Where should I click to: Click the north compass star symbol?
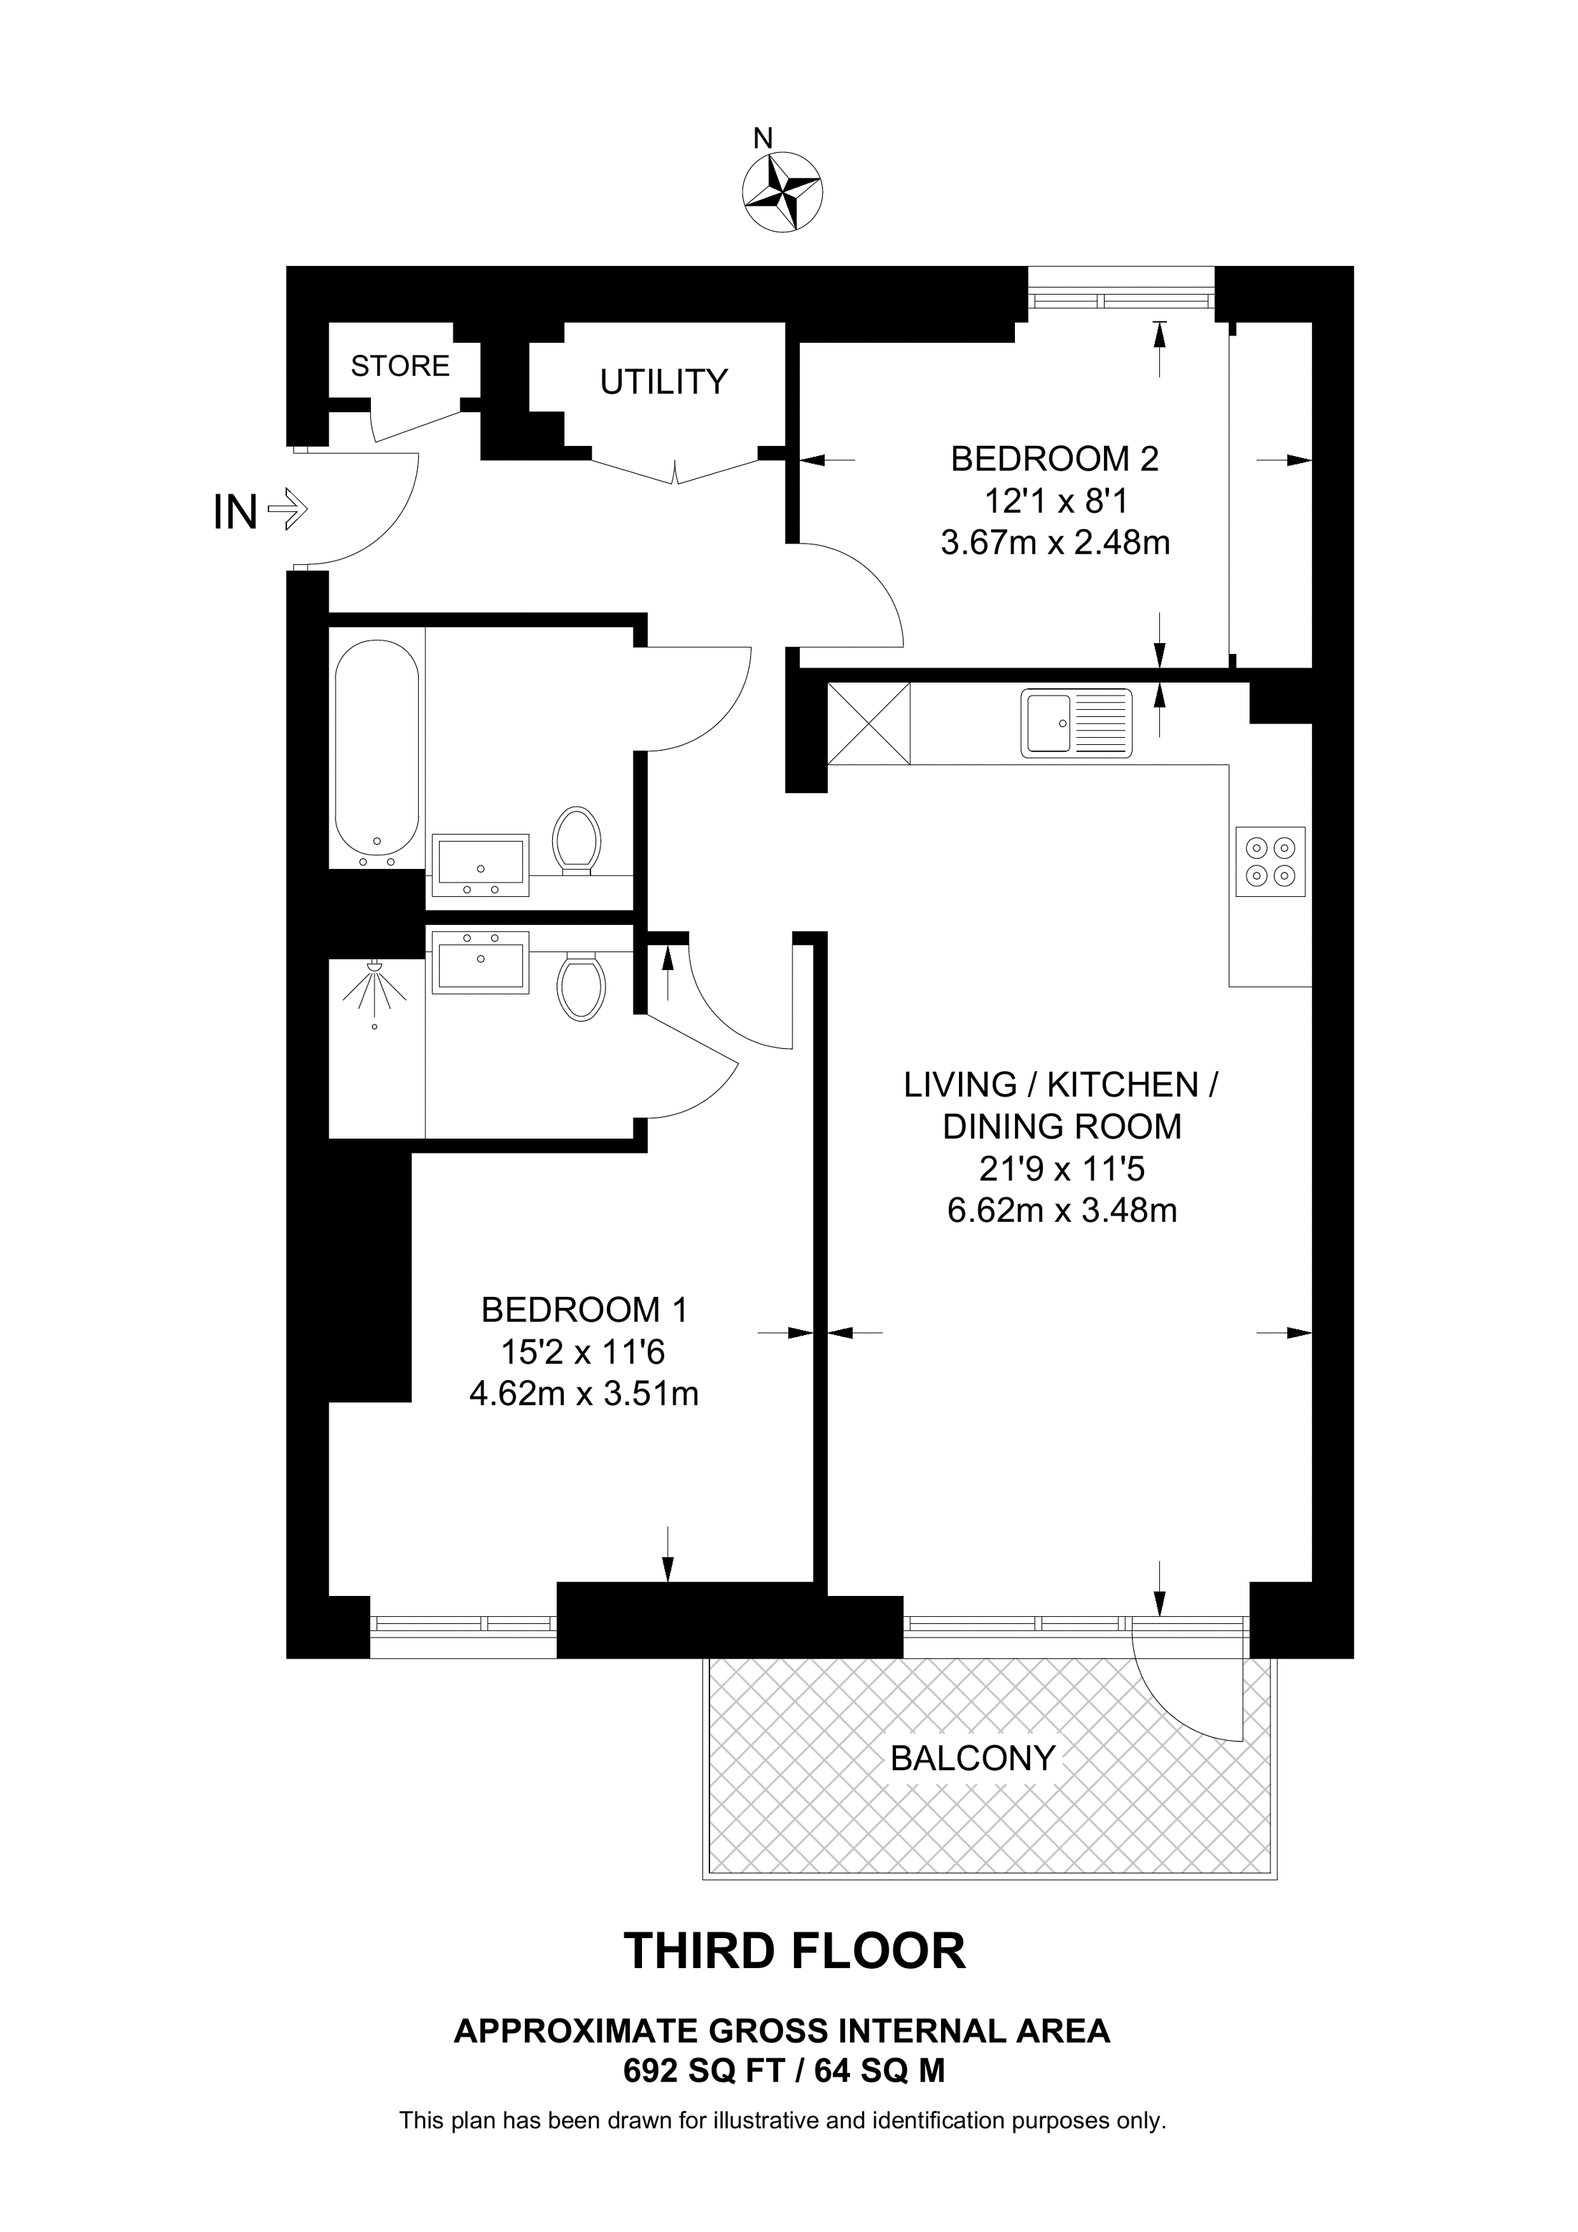pos(782,191)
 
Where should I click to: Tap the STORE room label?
pos(400,366)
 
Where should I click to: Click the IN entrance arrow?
pos(288,508)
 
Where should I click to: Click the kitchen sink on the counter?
pos(1077,723)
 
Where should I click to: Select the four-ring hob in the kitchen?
pos(1270,861)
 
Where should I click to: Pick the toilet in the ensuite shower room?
pos(582,987)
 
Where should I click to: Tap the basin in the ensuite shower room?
pos(481,961)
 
